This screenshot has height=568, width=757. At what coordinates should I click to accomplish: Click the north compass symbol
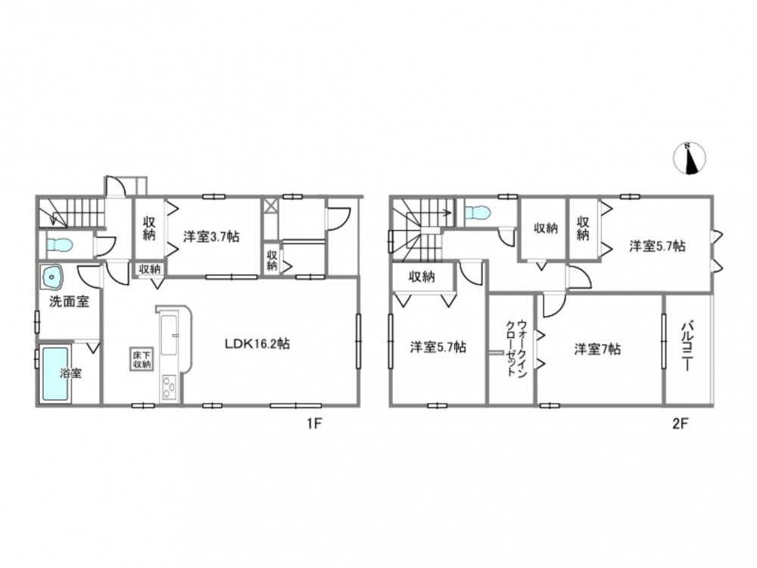pos(690,158)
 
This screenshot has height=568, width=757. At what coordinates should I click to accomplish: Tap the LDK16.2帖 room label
pos(257,344)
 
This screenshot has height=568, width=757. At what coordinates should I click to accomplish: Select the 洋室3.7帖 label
pos(211,236)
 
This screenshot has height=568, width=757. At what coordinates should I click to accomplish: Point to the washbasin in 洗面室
pos(52,277)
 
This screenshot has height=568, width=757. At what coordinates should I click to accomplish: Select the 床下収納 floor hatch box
pos(143,359)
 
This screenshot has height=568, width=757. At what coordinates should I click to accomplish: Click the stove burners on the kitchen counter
pos(169,387)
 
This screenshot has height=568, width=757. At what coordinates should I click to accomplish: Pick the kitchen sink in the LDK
pos(170,335)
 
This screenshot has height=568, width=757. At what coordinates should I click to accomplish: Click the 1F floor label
pos(314,424)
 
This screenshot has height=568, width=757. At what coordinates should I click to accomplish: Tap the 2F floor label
pos(681,424)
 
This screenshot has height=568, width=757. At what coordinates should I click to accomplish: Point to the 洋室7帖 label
pos(597,348)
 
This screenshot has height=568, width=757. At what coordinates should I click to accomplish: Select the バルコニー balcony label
pos(687,347)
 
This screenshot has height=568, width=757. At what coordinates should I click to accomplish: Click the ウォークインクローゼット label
pos(516,348)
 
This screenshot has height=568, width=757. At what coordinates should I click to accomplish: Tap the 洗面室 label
pos(70,302)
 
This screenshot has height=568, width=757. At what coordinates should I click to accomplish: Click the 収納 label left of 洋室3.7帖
pos(148,229)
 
